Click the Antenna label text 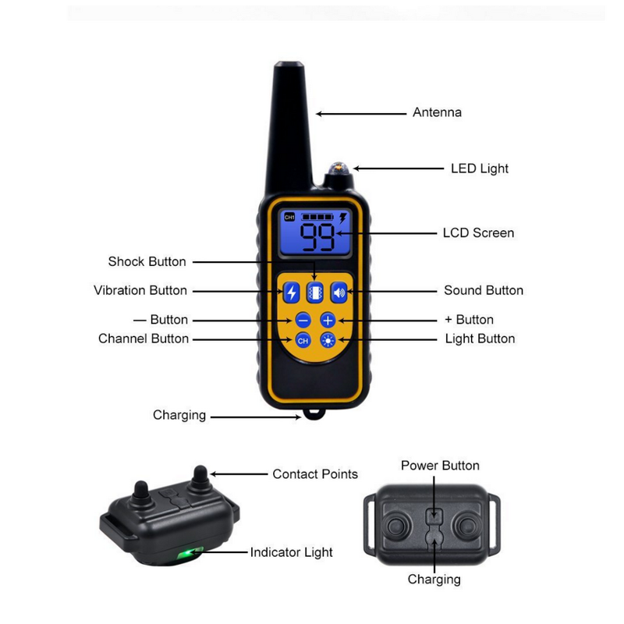point(437,112)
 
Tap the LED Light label point(479,168)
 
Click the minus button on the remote point(303,320)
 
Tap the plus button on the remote point(328,320)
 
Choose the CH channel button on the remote point(303,340)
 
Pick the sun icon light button point(328,340)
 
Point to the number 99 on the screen point(318,236)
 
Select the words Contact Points point(315,473)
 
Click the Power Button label point(440,466)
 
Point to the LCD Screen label point(478,232)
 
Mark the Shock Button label point(147,261)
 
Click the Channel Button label point(144,339)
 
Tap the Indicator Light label point(291,552)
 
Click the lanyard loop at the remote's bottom point(314,414)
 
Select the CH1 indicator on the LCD point(289,217)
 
